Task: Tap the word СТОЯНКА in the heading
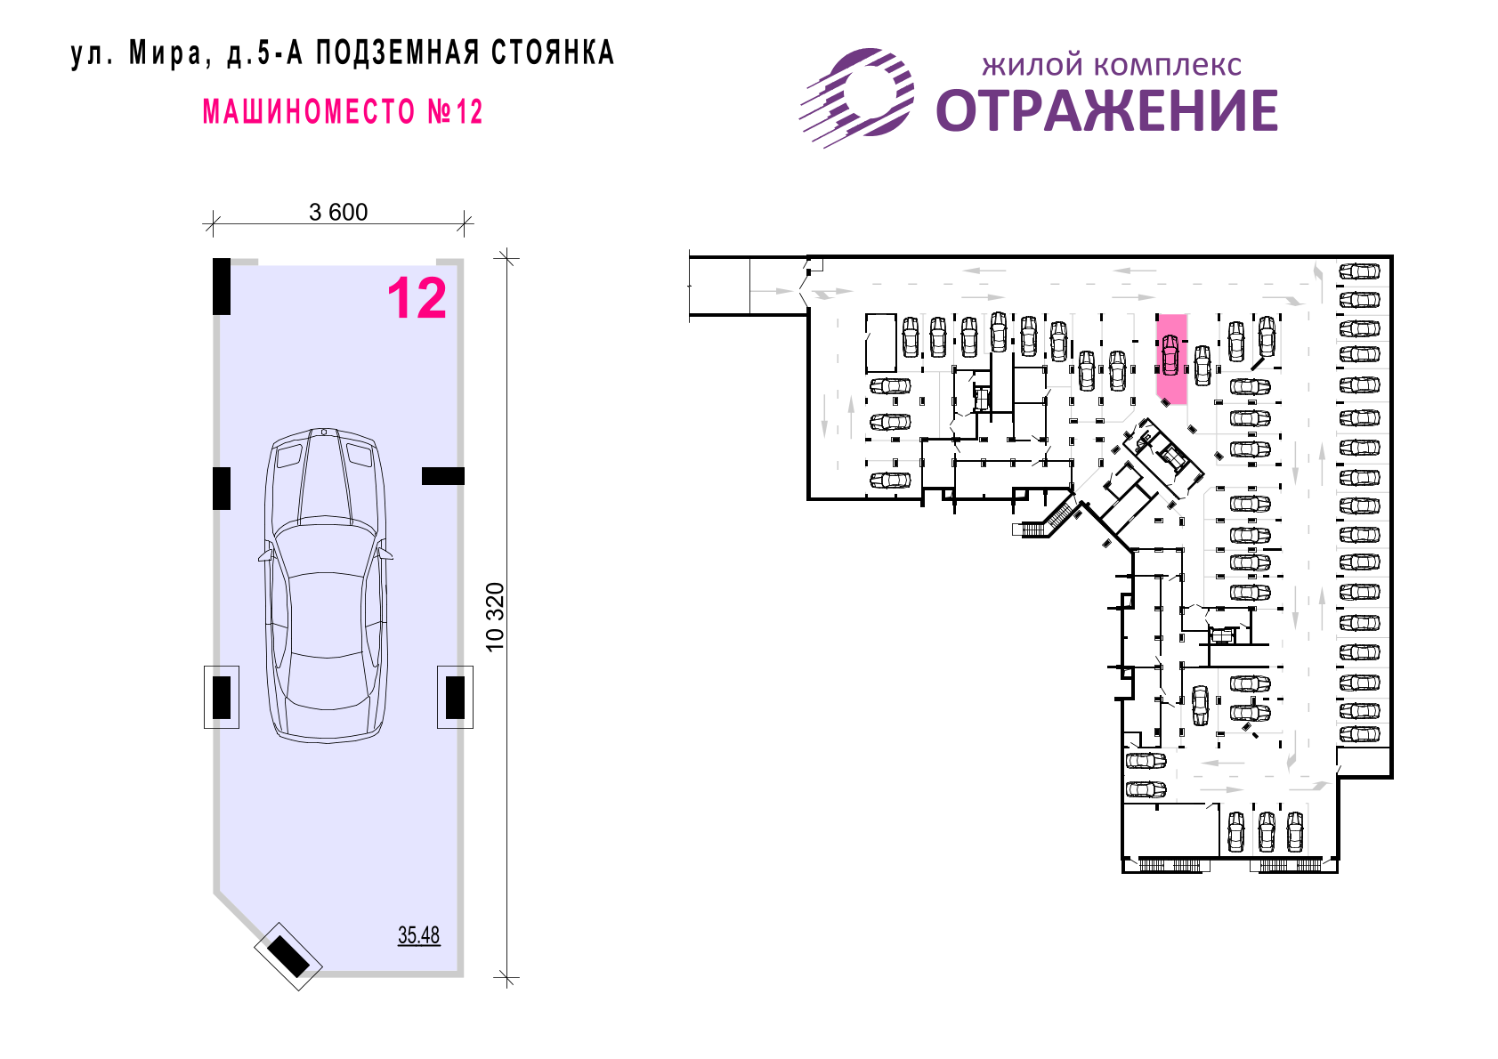pos(553,53)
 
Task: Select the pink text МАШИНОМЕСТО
pos(309,111)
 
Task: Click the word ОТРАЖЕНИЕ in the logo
pos(1106,111)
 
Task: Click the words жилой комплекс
pos(1112,66)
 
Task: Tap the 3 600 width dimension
pos(338,212)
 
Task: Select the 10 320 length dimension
pos(495,617)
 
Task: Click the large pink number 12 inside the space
pos(417,299)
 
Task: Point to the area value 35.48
pos(418,934)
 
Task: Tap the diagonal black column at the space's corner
pos(288,956)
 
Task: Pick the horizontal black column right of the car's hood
pos(442,476)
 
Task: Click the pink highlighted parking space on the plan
pos(1171,359)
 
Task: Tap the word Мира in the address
pos(166,53)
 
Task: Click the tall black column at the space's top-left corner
pos(222,287)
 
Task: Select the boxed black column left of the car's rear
pos(222,698)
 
